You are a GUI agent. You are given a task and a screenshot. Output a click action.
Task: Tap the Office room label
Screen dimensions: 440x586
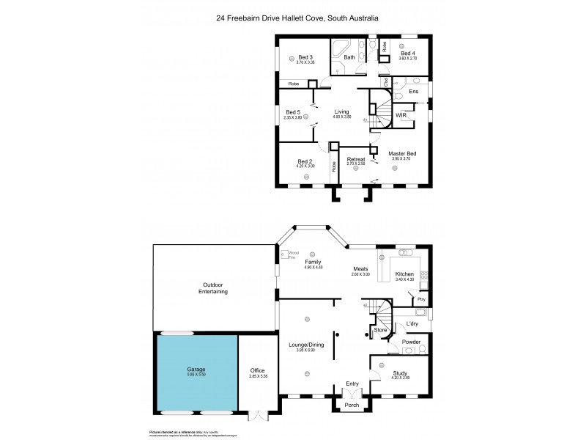[256, 370]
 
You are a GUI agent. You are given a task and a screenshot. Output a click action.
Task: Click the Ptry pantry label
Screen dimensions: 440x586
[420, 300]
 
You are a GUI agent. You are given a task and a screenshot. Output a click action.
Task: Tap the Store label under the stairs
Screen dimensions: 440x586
[380, 330]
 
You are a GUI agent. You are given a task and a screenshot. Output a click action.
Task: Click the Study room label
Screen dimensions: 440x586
[400, 373]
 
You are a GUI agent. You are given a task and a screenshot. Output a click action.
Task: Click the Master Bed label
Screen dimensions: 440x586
[402, 153]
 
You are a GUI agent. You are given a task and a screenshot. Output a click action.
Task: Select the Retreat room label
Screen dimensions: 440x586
[356, 158]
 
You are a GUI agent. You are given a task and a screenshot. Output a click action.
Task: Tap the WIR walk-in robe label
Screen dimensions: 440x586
[401, 116]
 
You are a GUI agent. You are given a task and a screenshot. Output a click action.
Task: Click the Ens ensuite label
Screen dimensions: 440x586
[413, 91]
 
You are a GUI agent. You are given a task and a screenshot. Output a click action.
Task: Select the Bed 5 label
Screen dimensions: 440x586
[293, 112]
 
